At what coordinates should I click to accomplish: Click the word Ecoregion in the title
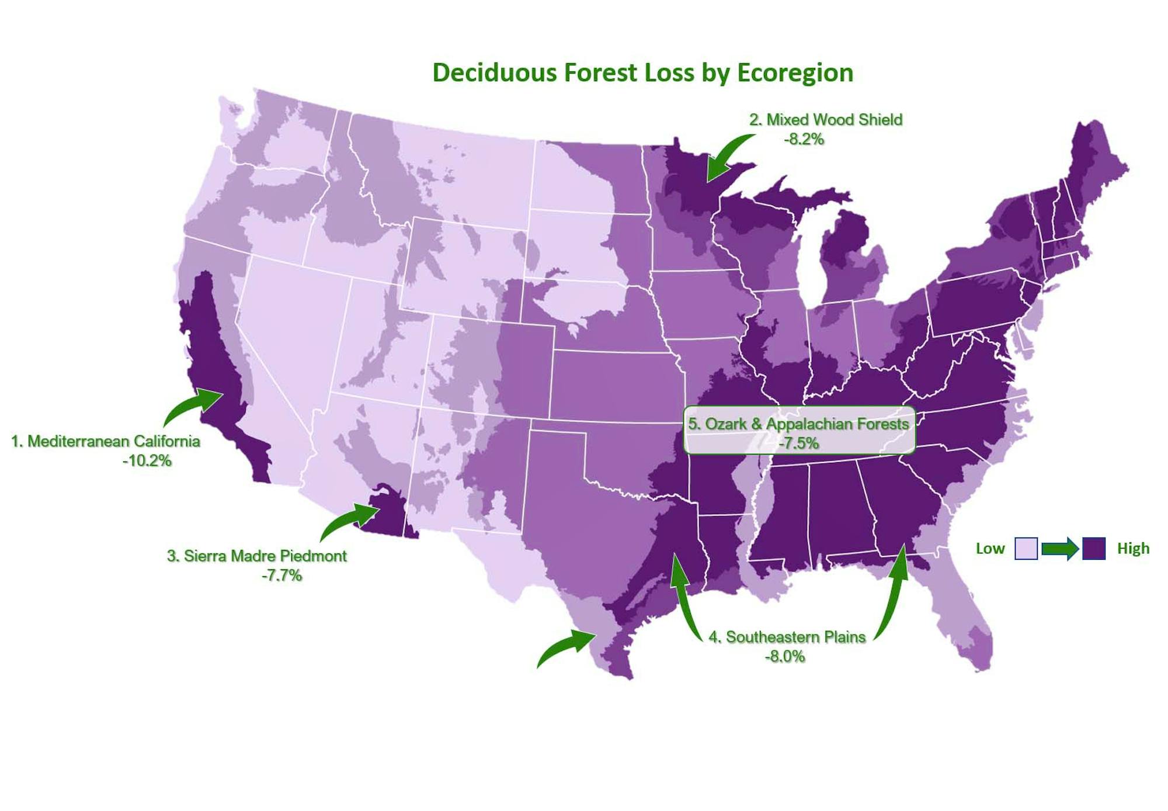pyautogui.click(x=795, y=73)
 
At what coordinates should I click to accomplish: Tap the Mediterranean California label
pyautogui.click(x=106, y=441)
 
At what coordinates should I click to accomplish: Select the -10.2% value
pyautogui.click(x=147, y=461)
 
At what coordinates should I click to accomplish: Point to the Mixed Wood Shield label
pyautogui.click(x=826, y=120)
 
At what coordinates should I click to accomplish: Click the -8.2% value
pyautogui.click(x=804, y=139)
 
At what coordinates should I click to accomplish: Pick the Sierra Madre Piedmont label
pyautogui.click(x=257, y=556)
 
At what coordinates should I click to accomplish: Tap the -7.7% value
pyautogui.click(x=281, y=576)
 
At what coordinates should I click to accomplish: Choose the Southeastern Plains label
pyautogui.click(x=787, y=637)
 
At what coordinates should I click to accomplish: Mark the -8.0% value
pyautogui.click(x=785, y=657)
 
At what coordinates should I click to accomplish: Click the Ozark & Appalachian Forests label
pyautogui.click(x=798, y=424)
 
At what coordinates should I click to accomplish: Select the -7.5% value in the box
pyautogui.click(x=798, y=443)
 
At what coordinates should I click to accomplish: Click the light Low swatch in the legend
pyautogui.click(x=1026, y=549)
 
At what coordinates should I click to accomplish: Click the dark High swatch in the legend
pyautogui.click(x=1094, y=549)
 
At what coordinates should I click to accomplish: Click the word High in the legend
pyautogui.click(x=1133, y=549)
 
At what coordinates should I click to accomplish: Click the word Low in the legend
pyautogui.click(x=990, y=549)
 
